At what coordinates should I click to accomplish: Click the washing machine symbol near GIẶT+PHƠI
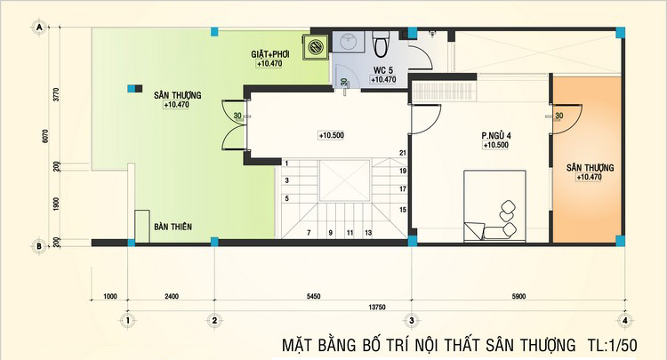point(315,46)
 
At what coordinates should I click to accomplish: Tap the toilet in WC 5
point(380,43)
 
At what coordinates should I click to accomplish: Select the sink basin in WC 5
point(348,42)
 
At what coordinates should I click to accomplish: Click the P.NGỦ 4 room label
point(496,136)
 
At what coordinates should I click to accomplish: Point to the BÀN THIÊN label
point(173,227)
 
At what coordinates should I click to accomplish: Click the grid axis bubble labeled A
point(39,28)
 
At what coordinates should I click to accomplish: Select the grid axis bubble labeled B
point(39,245)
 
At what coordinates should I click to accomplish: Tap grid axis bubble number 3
point(411,321)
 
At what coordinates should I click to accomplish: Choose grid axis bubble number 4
point(624,321)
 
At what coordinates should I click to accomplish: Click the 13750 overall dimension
point(377,307)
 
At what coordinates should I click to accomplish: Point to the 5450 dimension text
point(313,296)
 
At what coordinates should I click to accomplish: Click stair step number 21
point(403,153)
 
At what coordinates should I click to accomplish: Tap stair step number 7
point(309,233)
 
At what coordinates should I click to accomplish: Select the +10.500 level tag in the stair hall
point(332,135)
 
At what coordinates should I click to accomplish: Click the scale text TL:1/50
point(613,345)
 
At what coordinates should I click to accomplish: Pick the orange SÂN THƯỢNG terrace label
point(590,167)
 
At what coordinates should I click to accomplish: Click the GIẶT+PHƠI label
point(270,54)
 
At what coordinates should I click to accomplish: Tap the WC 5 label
point(383,70)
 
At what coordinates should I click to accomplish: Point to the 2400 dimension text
point(172,296)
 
